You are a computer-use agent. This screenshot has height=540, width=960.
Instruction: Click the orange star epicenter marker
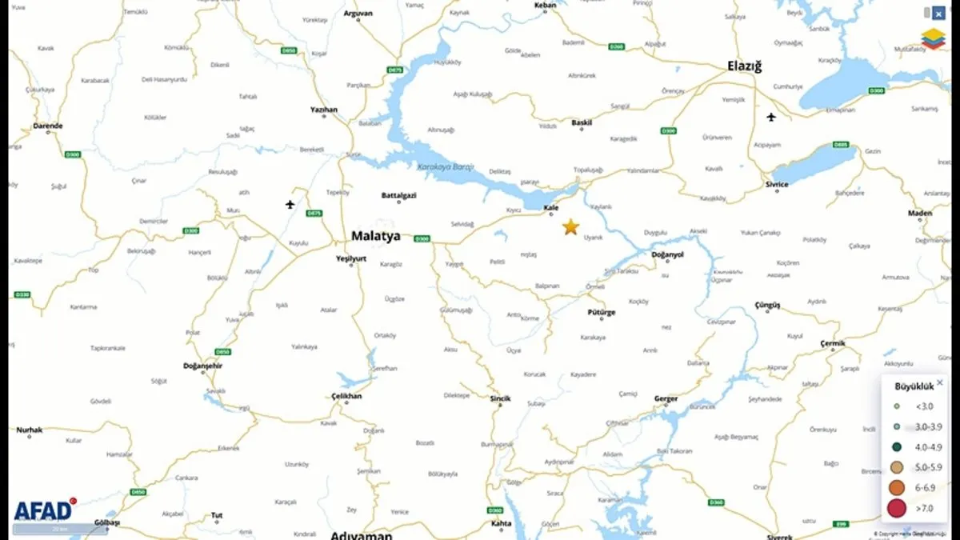pos(570,227)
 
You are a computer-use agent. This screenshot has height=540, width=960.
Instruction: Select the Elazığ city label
pos(743,66)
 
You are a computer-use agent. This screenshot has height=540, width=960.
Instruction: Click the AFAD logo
pos(43,510)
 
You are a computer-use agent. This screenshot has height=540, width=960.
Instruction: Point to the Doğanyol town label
pos(667,254)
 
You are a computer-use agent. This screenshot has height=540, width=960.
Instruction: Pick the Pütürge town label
pos(602,313)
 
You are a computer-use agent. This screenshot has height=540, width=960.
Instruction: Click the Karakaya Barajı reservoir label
pos(446,166)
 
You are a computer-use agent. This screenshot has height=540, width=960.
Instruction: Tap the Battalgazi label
pos(398,195)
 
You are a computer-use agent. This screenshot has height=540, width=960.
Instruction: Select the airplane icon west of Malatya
pos(290,205)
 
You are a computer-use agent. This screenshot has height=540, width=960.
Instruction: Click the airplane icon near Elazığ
pos(771,118)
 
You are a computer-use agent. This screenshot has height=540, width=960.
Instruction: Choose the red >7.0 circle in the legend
pos(897,507)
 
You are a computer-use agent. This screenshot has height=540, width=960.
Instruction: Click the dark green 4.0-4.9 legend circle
pos(897,447)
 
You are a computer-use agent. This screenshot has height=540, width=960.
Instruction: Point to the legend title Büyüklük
pos(914,386)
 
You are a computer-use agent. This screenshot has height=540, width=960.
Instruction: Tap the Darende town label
pos(47,126)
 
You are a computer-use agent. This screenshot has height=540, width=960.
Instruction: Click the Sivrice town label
pos(776,185)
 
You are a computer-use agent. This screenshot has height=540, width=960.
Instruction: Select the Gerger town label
pos(666,398)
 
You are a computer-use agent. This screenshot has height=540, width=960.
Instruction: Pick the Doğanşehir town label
pos(203,366)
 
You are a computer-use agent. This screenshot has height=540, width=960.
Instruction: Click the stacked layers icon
pos(933,38)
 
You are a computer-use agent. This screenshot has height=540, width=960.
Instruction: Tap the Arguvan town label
pos(358,14)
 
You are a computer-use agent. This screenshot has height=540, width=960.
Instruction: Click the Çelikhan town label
pos(346,396)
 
